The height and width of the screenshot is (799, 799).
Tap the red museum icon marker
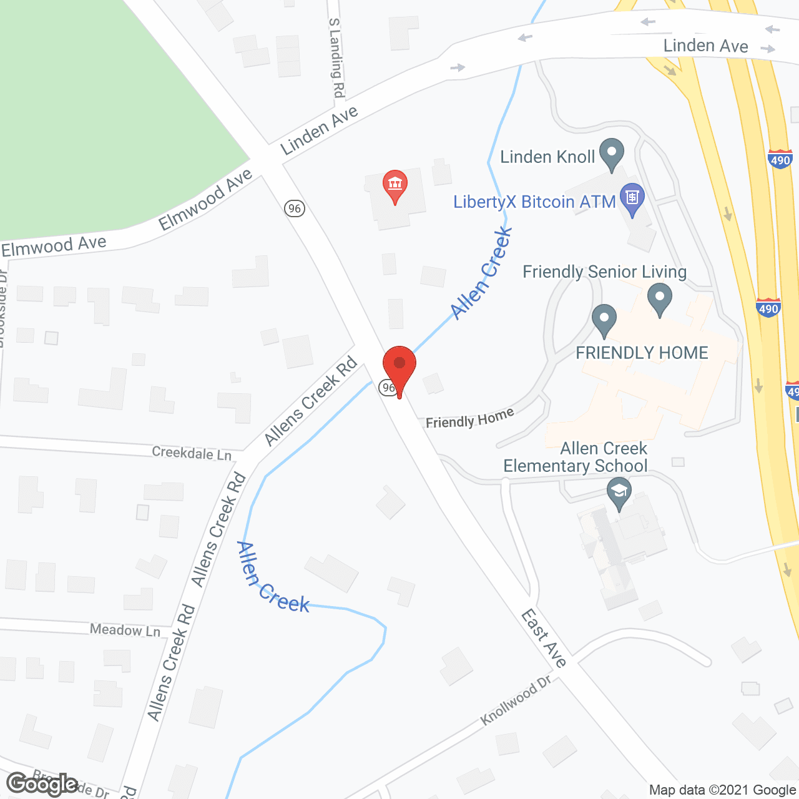tap(395, 185)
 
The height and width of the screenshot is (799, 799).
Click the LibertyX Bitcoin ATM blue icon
tap(632, 199)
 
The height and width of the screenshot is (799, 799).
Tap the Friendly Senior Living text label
tap(604, 272)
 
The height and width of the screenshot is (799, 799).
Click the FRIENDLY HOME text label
tap(642, 353)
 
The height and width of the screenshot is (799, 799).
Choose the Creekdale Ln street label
tap(192, 453)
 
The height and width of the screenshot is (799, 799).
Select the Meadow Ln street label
tap(125, 630)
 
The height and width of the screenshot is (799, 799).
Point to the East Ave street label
tap(544, 638)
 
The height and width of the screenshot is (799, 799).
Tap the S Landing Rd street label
tap(336, 57)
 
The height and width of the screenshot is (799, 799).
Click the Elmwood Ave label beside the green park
tap(205, 199)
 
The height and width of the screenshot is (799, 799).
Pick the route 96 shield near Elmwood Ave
tap(295, 208)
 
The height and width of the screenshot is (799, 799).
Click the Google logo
tap(42, 784)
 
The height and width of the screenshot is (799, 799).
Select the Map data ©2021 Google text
tap(722, 790)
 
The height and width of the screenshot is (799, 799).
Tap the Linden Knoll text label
tap(547, 157)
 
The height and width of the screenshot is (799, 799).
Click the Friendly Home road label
tap(469, 418)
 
